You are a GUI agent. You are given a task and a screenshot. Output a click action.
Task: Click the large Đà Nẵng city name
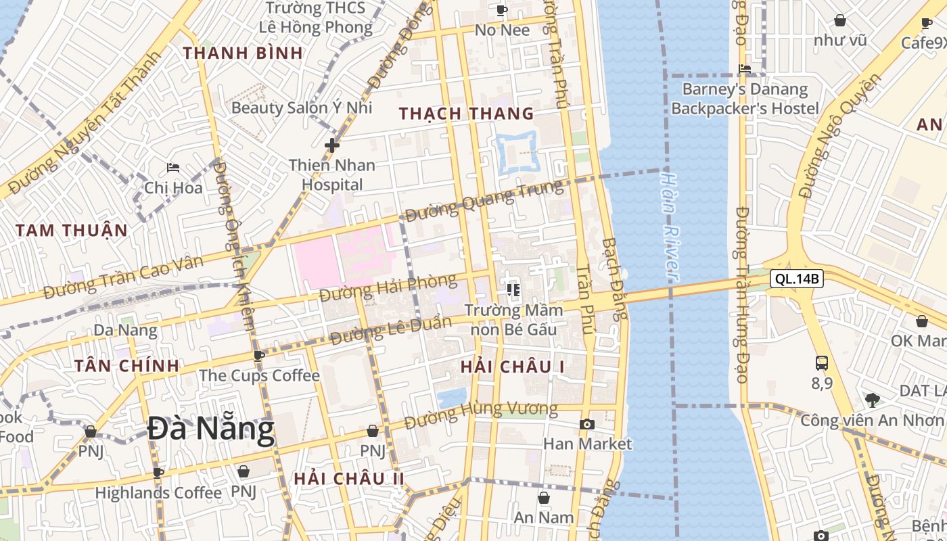click(211, 429)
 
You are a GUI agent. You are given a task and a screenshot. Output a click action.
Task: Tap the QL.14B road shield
click(796, 278)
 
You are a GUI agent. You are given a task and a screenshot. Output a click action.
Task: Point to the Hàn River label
click(669, 225)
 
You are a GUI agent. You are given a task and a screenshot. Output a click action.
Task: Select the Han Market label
click(587, 444)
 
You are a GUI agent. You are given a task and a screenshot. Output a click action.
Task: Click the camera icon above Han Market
click(587, 425)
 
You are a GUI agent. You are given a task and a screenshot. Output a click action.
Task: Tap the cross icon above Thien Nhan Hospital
click(331, 145)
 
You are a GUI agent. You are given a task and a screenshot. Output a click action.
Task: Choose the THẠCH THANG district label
click(466, 114)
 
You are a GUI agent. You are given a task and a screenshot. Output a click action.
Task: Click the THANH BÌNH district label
click(242, 53)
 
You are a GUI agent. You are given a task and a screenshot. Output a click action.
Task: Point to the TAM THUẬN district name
click(71, 230)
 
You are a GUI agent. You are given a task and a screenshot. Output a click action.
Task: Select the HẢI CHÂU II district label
click(348, 478)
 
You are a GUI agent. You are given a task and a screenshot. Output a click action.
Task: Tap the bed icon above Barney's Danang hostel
click(745, 69)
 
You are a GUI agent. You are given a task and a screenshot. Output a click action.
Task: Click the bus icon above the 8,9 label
click(821, 363)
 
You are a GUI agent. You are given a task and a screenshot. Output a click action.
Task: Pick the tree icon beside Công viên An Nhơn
click(873, 400)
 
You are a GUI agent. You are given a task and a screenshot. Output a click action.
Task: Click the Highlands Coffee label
click(158, 492)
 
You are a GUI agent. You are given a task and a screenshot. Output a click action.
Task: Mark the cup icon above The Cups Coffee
click(258, 356)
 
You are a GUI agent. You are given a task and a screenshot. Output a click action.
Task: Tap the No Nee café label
click(502, 30)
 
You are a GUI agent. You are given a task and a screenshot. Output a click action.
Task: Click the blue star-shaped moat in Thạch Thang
click(517, 151)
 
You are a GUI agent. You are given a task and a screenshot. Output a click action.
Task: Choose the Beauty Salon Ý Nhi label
click(302, 107)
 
